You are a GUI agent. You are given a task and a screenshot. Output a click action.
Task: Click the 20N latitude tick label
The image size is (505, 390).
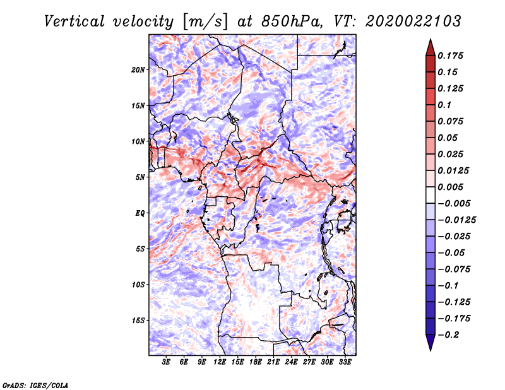point(138,70)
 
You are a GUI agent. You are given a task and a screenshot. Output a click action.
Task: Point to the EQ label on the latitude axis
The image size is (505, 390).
point(140,213)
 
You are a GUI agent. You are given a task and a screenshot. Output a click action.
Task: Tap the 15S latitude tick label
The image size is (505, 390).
point(138,321)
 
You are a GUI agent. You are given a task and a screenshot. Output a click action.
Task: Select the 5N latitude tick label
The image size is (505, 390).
point(140,177)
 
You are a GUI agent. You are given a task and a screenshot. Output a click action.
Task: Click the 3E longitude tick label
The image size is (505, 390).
point(166,362)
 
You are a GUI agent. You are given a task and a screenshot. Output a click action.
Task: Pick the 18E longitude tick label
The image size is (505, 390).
point(256,362)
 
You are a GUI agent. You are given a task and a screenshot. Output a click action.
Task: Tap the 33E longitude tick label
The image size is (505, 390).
point(345,362)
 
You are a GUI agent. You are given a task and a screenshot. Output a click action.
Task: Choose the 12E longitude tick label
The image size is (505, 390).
point(220,362)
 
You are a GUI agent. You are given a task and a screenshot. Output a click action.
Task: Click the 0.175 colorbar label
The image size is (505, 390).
point(450,56)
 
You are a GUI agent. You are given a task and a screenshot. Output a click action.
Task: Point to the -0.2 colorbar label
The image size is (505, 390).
point(448,335)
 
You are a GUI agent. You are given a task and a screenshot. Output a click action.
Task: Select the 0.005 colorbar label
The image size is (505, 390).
point(450,187)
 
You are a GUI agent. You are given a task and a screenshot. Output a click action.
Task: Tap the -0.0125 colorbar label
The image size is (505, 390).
point(456,220)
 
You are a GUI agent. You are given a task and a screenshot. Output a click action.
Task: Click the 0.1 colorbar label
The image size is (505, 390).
point(444,105)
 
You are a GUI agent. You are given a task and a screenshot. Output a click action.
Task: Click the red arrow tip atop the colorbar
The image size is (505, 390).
point(431,39)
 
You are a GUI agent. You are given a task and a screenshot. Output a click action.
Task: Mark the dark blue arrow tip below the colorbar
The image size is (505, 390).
point(431,350)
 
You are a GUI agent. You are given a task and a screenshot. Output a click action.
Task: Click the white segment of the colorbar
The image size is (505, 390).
point(431,195)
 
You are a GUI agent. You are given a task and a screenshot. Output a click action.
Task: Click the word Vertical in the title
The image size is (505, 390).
point(74,21)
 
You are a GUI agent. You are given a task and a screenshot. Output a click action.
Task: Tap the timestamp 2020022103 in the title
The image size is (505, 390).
point(413,21)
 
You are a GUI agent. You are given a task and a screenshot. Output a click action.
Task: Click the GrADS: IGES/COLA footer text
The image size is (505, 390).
point(35,385)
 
